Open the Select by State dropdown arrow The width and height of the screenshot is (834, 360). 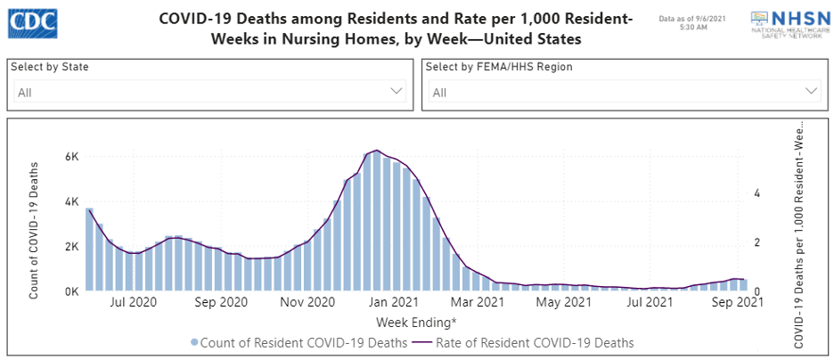point(397,91)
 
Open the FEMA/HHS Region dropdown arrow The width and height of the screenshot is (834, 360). point(811,91)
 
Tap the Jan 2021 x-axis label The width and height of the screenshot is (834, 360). point(393,303)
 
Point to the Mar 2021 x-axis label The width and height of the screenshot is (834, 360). point(477,303)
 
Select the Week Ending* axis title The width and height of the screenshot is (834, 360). point(417,321)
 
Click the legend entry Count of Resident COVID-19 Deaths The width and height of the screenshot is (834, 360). point(298,342)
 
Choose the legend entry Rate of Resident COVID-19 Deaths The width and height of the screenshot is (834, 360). point(532,342)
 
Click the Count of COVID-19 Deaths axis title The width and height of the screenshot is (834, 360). point(35,229)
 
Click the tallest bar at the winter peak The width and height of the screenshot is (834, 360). point(377,223)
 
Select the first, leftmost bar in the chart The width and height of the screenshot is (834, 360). point(89,250)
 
